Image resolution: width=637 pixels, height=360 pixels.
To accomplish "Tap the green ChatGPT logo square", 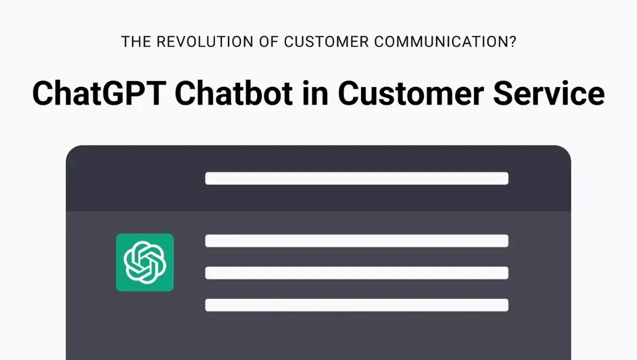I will pos(144,263).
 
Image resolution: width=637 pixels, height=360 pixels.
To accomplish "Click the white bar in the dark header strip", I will pos(356,179).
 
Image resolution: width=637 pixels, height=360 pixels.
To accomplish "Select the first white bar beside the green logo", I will pos(356,241).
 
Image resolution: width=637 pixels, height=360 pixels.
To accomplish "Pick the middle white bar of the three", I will pos(356,273).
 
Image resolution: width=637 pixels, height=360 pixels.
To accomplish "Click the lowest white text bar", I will pos(356,305).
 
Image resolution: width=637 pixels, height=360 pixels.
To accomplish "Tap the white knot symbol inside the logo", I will pos(144,263).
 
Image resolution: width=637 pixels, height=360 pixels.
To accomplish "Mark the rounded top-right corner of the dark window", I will pos(564,152).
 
